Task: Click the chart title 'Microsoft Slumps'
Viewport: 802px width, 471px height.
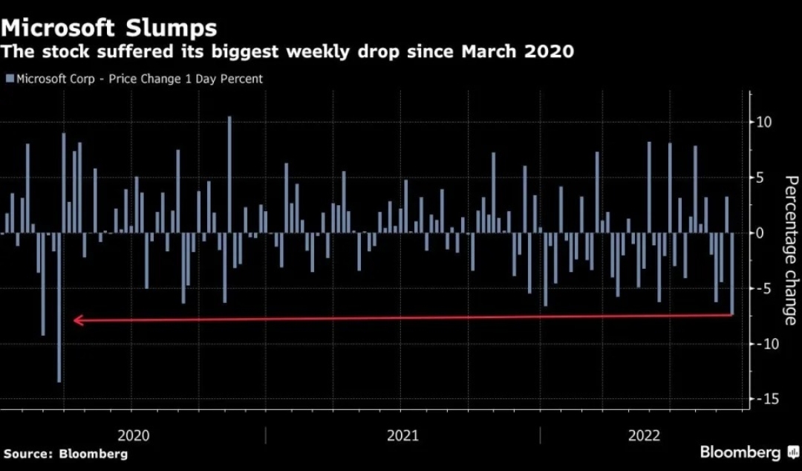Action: (109, 28)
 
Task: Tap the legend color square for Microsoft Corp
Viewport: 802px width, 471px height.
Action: (9, 79)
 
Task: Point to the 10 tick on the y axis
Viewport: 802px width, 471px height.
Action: (764, 122)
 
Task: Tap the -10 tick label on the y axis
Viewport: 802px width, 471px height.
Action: (764, 344)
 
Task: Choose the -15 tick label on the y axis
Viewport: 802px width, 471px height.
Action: (764, 400)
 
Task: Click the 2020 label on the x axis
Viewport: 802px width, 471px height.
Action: (134, 435)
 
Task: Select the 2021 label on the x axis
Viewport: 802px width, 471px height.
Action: (402, 435)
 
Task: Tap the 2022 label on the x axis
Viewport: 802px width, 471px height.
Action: (644, 435)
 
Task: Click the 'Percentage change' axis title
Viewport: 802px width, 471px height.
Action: (790, 250)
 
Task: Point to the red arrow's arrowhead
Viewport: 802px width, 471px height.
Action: (77, 321)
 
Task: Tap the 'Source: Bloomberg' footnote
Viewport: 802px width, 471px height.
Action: (65, 454)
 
